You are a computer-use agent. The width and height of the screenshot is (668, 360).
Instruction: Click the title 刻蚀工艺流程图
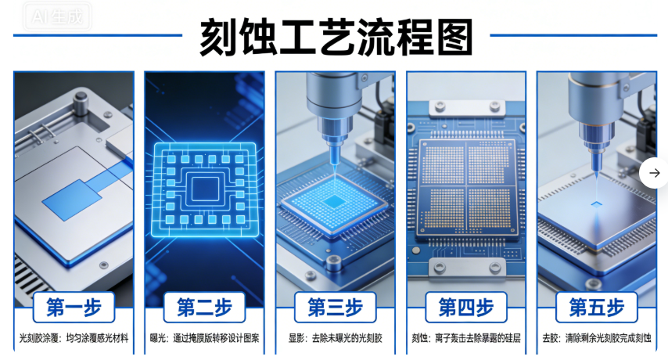point(336,37)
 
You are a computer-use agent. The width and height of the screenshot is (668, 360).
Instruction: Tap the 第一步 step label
point(74,307)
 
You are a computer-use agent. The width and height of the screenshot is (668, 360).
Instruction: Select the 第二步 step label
point(204,307)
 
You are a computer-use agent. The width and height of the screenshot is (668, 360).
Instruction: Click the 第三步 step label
point(336,307)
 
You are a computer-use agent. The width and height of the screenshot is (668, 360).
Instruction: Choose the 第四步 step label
point(466,307)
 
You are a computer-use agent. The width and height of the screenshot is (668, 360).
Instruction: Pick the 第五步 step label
point(597,307)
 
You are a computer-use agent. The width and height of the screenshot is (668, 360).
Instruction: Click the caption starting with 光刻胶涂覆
point(74,338)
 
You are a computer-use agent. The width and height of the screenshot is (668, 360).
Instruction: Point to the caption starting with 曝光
point(204,338)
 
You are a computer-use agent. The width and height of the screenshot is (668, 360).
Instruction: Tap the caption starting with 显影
point(336,338)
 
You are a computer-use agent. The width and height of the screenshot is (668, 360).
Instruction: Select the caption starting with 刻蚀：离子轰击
point(466,338)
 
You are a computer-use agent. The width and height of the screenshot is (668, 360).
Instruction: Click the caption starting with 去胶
point(597,338)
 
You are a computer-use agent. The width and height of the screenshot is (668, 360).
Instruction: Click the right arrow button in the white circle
point(655,172)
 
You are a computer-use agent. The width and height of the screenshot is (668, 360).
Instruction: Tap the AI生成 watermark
point(57,16)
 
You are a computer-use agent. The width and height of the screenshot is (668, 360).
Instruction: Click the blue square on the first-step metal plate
point(72,200)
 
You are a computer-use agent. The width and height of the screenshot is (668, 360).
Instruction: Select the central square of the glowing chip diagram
point(205,189)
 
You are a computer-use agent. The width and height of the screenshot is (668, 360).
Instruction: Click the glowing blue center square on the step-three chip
point(335,201)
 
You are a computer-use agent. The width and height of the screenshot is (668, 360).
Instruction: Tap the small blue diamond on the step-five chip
point(596,204)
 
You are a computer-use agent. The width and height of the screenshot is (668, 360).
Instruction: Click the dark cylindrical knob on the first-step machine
point(81,103)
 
